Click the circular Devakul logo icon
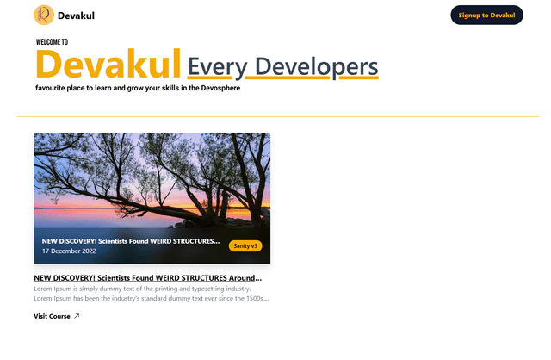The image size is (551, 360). pyautogui.click(x=43, y=15)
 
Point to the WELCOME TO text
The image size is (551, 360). pyautogui.click(x=52, y=41)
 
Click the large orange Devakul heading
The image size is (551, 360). pyautogui.click(x=108, y=64)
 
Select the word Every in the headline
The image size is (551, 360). pyautogui.click(x=215, y=66)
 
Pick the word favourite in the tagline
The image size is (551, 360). pyautogui.click(x=54, y=88)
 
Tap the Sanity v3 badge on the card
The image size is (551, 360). pyautogui.click(x=245, y=246)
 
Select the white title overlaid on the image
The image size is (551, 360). pyautogui.click(x=130, y=241)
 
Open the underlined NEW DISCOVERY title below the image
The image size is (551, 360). pyautogui.click(x=147, y=278)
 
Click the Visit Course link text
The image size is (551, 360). pyautogui.click(x=52, y=316)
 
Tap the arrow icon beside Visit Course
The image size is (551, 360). pyautogui.click(x=77, y=316)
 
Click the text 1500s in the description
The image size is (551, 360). pyautogui.click(x=252, y=299)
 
